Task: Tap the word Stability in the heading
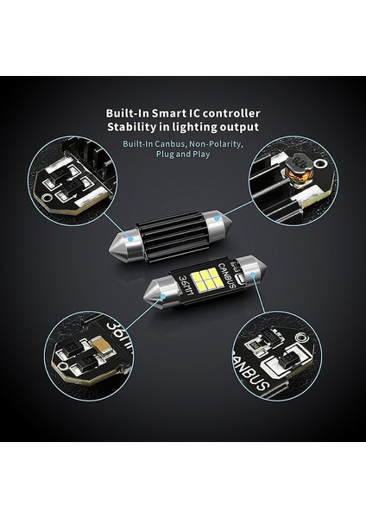click(x=132, y=127)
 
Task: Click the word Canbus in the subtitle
click(x=176, y=144)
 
